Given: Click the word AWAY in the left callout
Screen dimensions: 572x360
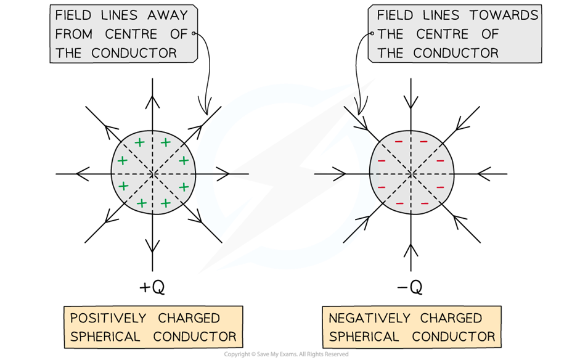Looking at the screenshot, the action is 168,15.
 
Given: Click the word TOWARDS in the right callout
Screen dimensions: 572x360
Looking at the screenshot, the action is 504,15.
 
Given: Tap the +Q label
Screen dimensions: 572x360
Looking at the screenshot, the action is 152,287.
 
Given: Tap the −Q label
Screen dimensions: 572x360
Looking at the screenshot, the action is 410,287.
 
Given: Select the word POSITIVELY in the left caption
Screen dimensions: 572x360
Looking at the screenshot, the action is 108,318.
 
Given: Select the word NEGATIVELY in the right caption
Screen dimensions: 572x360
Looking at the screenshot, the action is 369,318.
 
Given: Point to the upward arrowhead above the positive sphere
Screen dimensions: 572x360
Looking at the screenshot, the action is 152,102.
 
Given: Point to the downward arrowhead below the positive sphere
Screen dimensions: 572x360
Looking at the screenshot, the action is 152,246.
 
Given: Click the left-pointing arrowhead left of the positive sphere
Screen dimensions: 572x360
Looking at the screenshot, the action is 83,174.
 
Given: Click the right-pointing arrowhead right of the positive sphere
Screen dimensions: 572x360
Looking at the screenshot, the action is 223,174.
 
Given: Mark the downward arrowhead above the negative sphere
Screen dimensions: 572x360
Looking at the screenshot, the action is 411,102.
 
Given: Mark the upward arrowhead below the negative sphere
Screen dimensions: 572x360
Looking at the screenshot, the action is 411,251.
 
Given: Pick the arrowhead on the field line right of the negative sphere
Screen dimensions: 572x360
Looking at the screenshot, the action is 484,174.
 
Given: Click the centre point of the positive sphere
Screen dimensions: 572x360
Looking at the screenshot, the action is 153,174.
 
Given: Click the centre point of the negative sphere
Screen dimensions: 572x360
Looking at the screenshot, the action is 411,174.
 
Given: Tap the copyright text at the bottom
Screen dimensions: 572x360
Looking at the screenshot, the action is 286,354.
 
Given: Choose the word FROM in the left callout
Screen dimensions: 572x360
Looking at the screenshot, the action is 74,35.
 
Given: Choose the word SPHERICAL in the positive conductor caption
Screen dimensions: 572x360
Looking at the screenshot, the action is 105,337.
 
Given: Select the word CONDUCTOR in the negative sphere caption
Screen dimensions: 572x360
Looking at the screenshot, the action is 454,337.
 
